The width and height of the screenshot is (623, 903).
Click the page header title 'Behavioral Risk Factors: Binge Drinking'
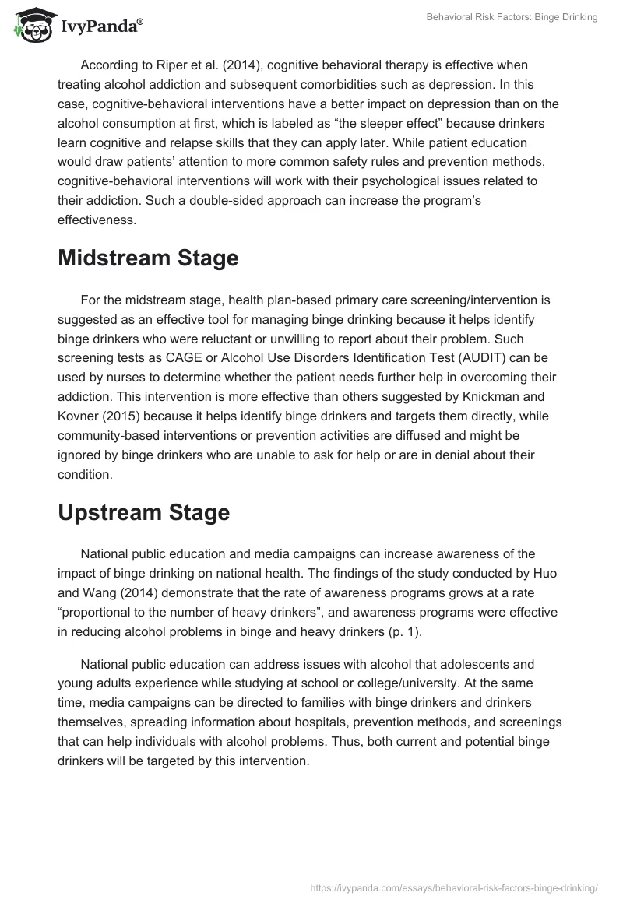click(512, 17)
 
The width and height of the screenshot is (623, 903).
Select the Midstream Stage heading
click(148, 259)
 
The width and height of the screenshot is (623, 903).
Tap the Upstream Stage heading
click(143, 512)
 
